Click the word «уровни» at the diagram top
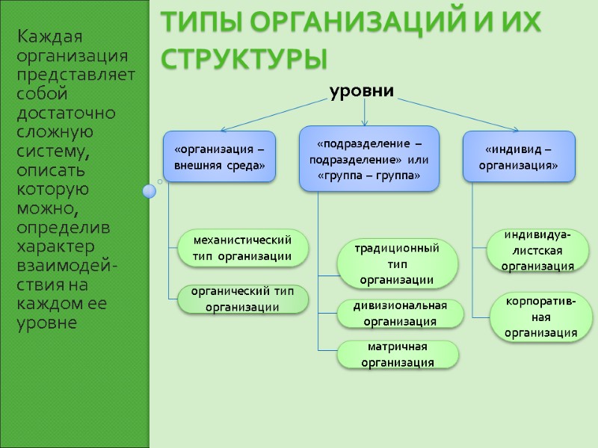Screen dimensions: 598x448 click(x=362, y=91)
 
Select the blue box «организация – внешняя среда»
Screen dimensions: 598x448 click(x=220, y=157)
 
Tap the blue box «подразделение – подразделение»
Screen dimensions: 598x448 click(x=369, y=159)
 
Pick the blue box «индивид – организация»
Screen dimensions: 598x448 click(x=520, y=157)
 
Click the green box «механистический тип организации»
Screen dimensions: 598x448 click(x=242, y=248)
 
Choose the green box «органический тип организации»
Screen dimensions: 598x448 click(x=242, y=299)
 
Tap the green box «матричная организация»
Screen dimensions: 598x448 click(x=397, y=355)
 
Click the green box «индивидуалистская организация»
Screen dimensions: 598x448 click(x=537, y=250)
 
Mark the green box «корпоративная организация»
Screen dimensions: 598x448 click(x=540, y=317)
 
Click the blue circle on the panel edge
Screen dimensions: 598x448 click(x=149, y=192)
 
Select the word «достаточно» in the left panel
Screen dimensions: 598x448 click(x=67, y=113)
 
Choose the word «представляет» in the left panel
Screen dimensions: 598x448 click(x=75, y=75)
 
